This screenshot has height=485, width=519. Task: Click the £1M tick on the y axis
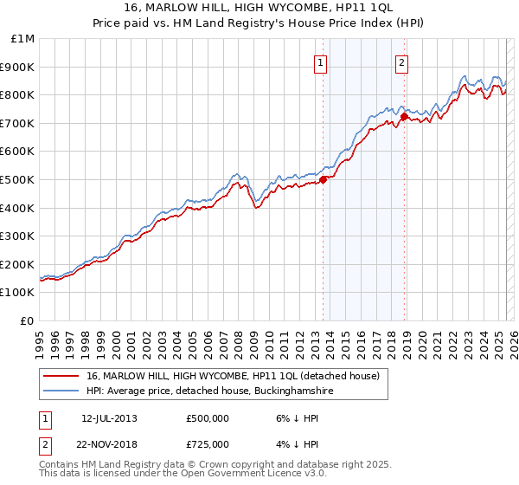[22, 39]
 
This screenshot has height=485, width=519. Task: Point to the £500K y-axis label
[18, 180]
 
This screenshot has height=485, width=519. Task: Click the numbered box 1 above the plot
[320, 61]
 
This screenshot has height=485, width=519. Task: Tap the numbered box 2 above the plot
[403, 61]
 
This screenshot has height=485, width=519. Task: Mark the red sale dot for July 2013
[323, 179]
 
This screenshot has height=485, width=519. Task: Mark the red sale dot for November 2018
[405, 116]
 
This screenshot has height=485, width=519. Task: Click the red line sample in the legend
[61, 376]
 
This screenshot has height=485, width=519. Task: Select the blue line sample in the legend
[61, 391]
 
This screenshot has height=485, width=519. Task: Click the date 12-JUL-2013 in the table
[109, 417]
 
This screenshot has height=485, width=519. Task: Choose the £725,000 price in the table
[207, 443]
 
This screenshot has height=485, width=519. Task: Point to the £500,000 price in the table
[207, 417]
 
